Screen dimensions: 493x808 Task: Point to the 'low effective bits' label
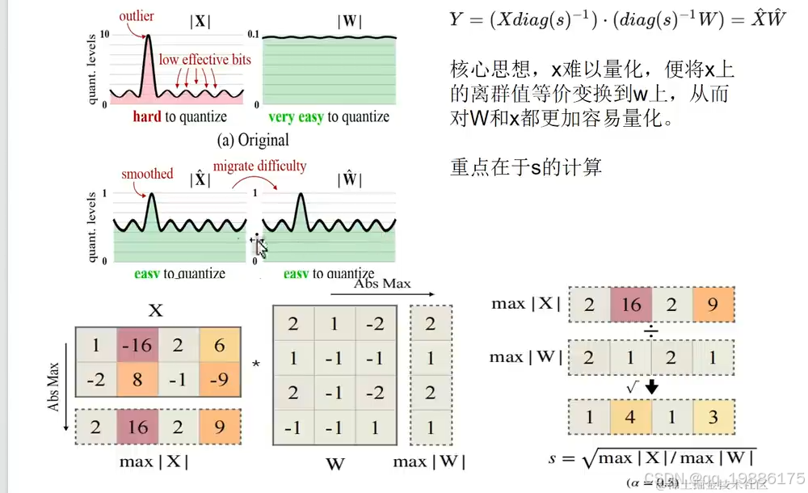(204, 59)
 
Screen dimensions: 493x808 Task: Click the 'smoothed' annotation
(147, 173)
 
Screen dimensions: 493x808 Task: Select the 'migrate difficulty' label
(259, 166)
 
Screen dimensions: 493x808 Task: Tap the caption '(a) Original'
(253, 140)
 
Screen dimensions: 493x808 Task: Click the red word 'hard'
(147, 117)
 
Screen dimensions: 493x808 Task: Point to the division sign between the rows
(651, 331)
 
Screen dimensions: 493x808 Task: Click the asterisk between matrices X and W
(256, 364)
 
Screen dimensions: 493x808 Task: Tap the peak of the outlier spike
(148, 36)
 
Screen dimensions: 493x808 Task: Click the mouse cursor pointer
(260, 247)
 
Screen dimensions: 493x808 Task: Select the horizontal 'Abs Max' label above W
(382, 283)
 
